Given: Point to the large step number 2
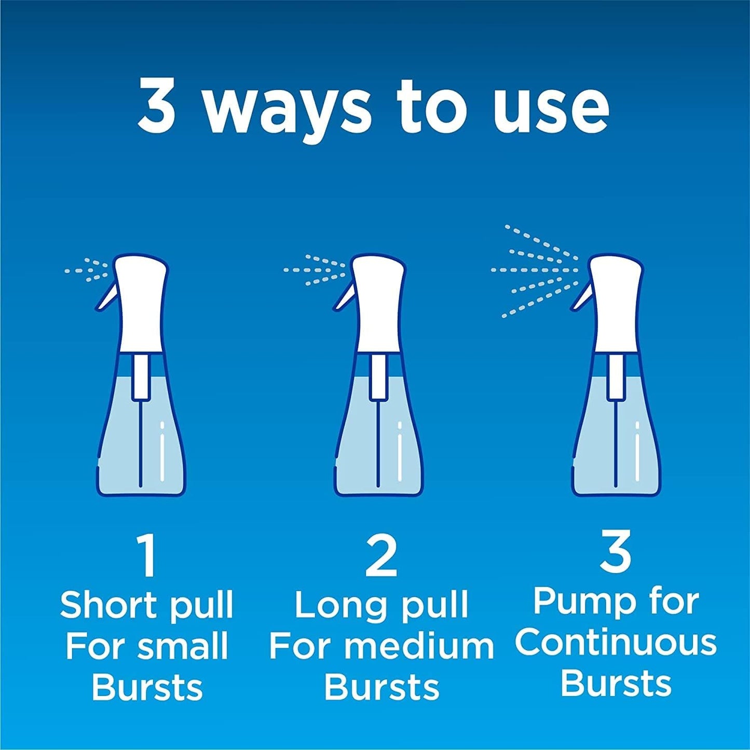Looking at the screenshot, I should [x=381, y=556].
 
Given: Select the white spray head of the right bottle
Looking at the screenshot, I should [x=616, y=301].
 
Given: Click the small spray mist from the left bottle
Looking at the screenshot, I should [x=87, y=270].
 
